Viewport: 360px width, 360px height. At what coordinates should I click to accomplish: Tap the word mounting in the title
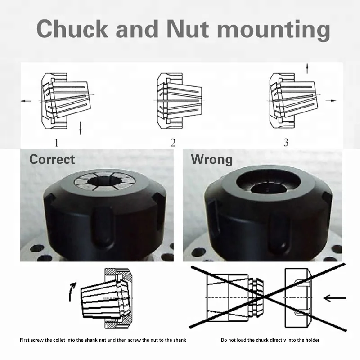[276, 30]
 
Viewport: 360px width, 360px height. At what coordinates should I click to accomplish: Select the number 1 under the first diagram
[56, 143]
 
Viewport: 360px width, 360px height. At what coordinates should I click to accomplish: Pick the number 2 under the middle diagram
[173, 143]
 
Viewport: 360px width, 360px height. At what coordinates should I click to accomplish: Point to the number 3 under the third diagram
[286, 143]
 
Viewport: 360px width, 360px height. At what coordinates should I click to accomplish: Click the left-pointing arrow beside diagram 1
[27, 102]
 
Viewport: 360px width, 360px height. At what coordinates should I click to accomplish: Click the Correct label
[52, 159]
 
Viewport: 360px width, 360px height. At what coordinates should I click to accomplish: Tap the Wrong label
[211, 159]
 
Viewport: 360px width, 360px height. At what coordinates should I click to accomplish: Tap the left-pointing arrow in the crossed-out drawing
[335, 297]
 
